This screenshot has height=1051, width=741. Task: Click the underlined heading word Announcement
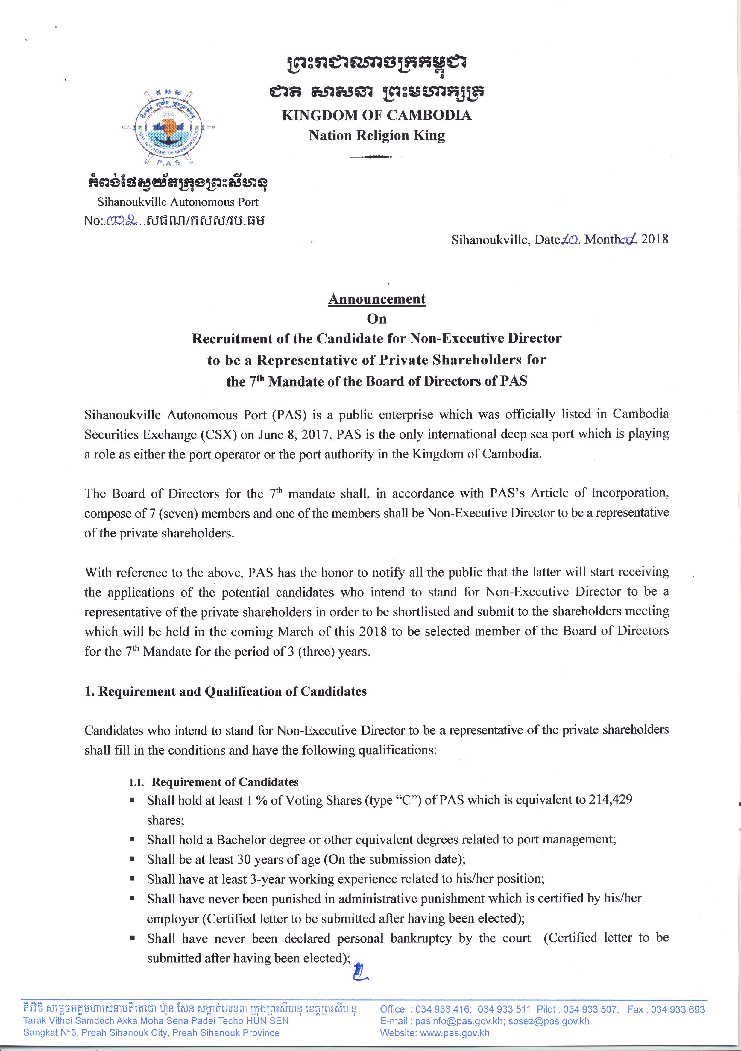pos(377,299)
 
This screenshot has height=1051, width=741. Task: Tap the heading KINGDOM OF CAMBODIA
pos(376,115)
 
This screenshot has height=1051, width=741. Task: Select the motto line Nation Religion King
pos(376,136)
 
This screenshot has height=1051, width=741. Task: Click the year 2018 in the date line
pos(655,239)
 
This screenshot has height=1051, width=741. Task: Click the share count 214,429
pos(610,800)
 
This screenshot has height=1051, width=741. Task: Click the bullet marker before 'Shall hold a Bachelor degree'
pos(132,840)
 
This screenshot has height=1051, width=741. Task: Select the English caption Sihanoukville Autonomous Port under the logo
pos(178,202)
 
